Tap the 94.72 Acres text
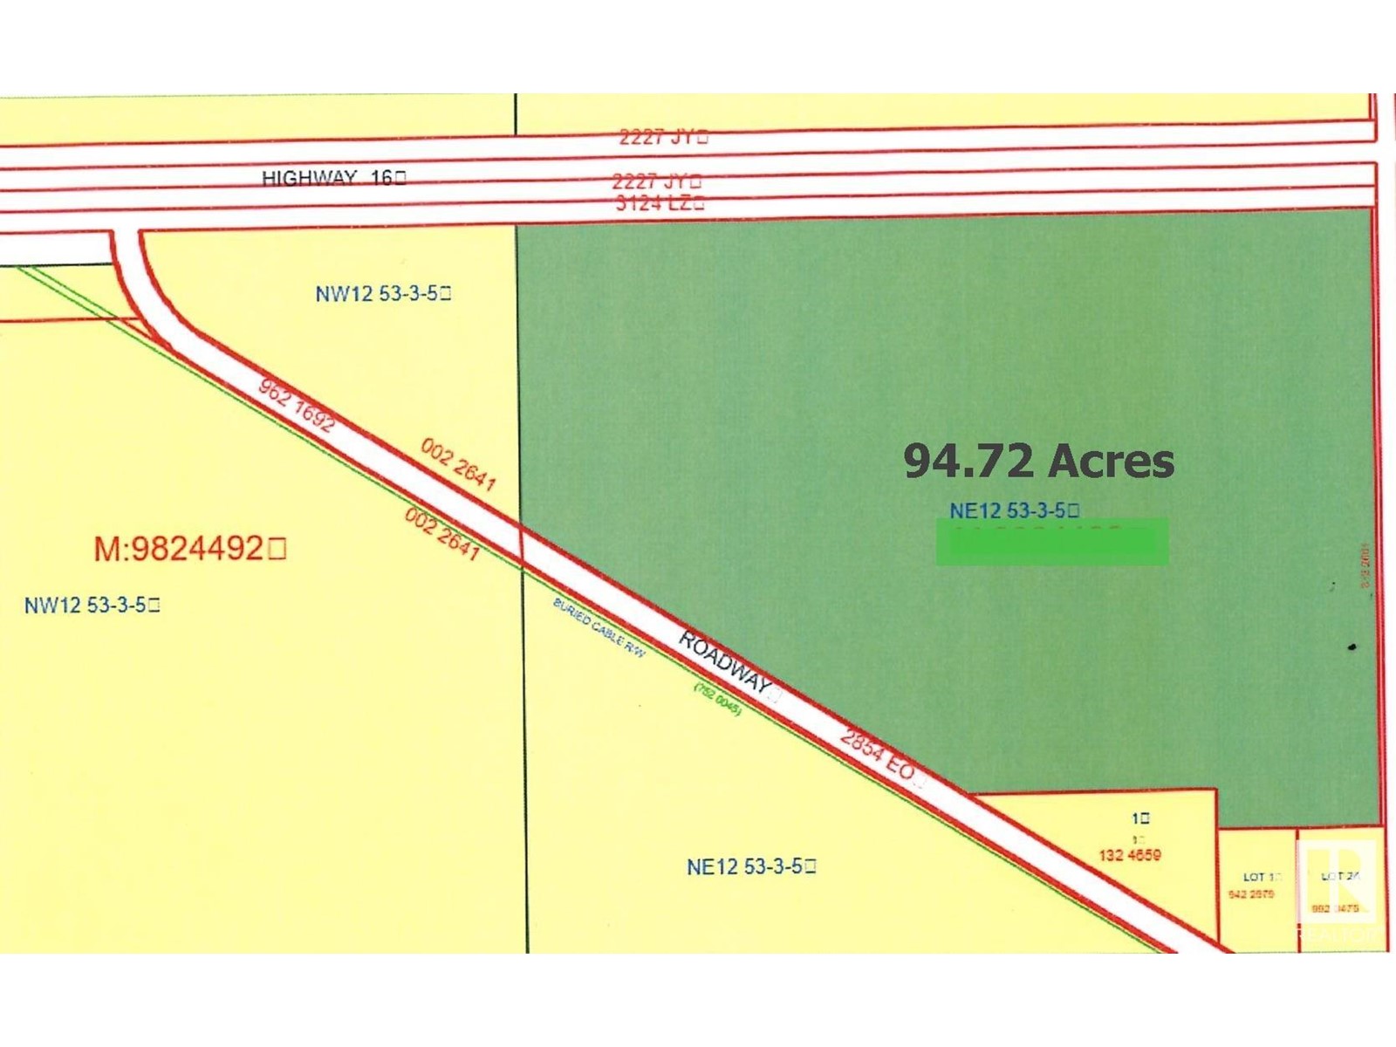tap(1038, 461)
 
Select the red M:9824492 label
tap(189, 549)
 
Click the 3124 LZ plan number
tap(659, 203)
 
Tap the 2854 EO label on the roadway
tap(878, 755)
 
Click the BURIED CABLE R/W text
tap(599, 627)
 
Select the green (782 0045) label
tap(717, 699)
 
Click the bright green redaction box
tap(1051, 542)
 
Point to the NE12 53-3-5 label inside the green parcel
tap(1014, 510)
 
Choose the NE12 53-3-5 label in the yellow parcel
tap(750, 866)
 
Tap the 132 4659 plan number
tap(1129, 855)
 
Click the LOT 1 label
tap(1261, 877)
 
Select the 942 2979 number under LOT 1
tap(1251, 894)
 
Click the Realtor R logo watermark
tap(1338, 881)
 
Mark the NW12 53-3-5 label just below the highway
tap(382, 293)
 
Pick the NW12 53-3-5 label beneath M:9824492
tap(92, 605)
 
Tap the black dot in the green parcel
tap(1352, 647)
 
